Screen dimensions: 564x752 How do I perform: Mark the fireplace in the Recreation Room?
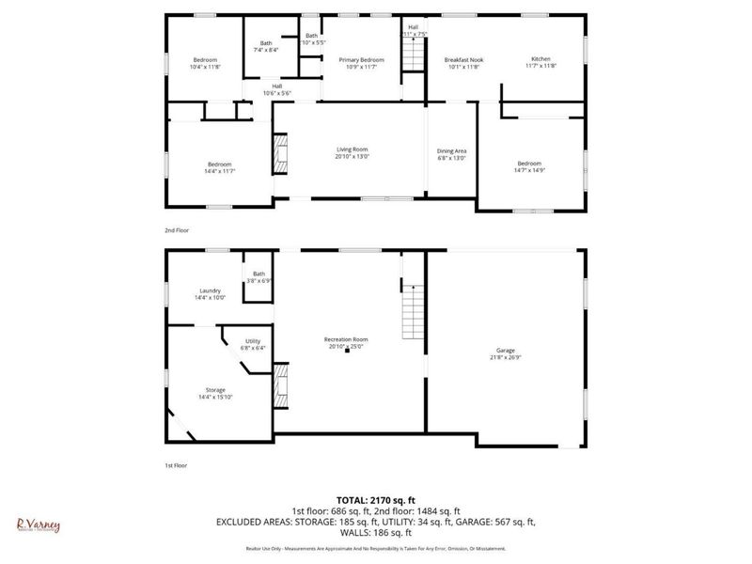280,384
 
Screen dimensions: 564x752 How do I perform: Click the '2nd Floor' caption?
176,229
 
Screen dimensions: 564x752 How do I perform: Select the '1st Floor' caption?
176,464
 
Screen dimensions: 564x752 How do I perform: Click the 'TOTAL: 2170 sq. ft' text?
376,500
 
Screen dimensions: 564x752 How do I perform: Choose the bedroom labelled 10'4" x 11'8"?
205,63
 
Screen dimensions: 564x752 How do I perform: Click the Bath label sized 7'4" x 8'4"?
265,47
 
